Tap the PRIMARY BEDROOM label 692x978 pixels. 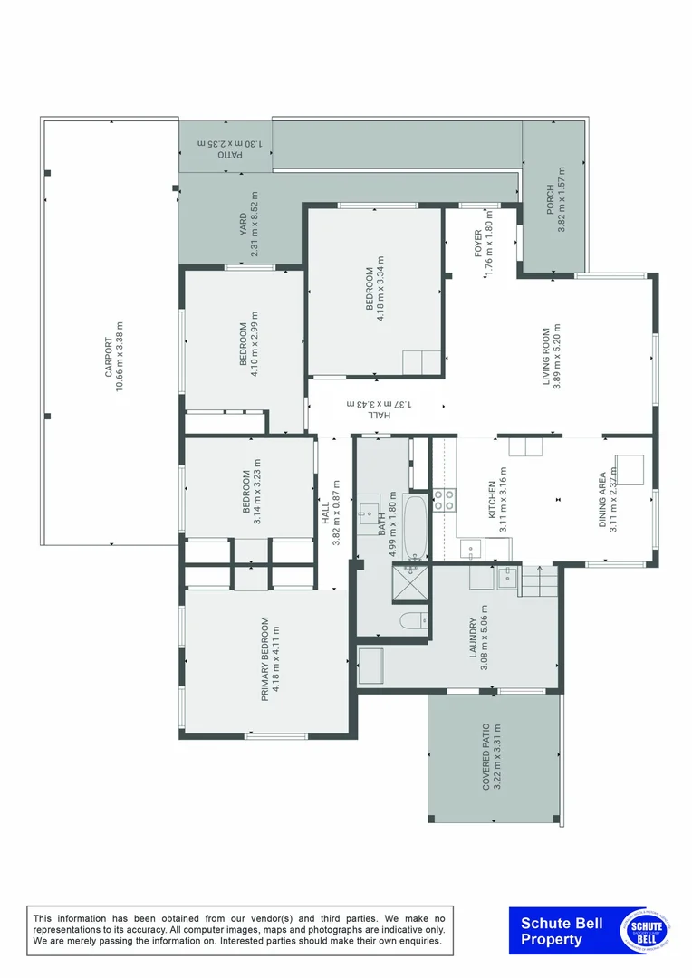click(264, 659)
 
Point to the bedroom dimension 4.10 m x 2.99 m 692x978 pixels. click(256, 344)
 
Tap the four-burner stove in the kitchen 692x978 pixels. click(444, 500)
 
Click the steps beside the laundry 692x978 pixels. click(536, 580)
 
